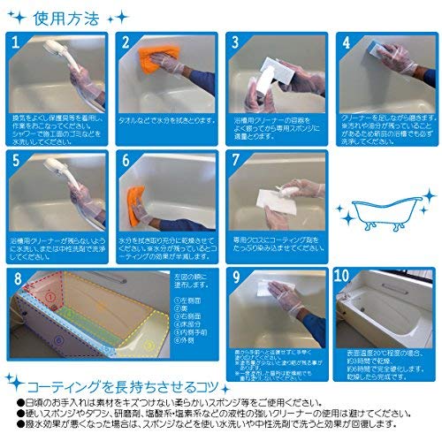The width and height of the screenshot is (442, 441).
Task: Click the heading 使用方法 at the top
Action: click(x=67, y=16)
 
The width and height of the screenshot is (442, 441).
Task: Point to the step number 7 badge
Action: click(x=235, y=161)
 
